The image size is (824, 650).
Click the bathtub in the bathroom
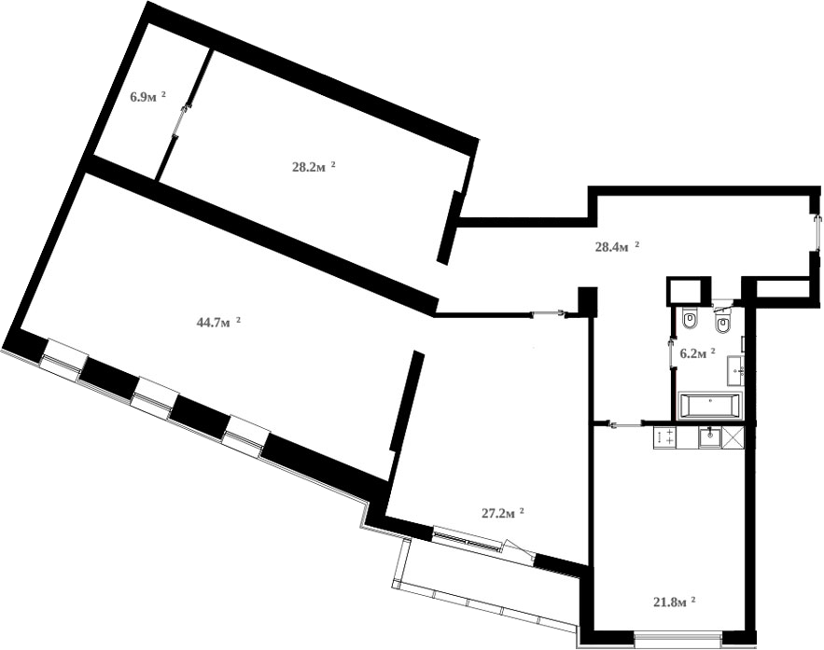point(710,406)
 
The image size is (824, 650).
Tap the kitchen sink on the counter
point(710,436)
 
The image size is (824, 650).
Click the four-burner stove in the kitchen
point(665,436)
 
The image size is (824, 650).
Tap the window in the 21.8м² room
point(677,639)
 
